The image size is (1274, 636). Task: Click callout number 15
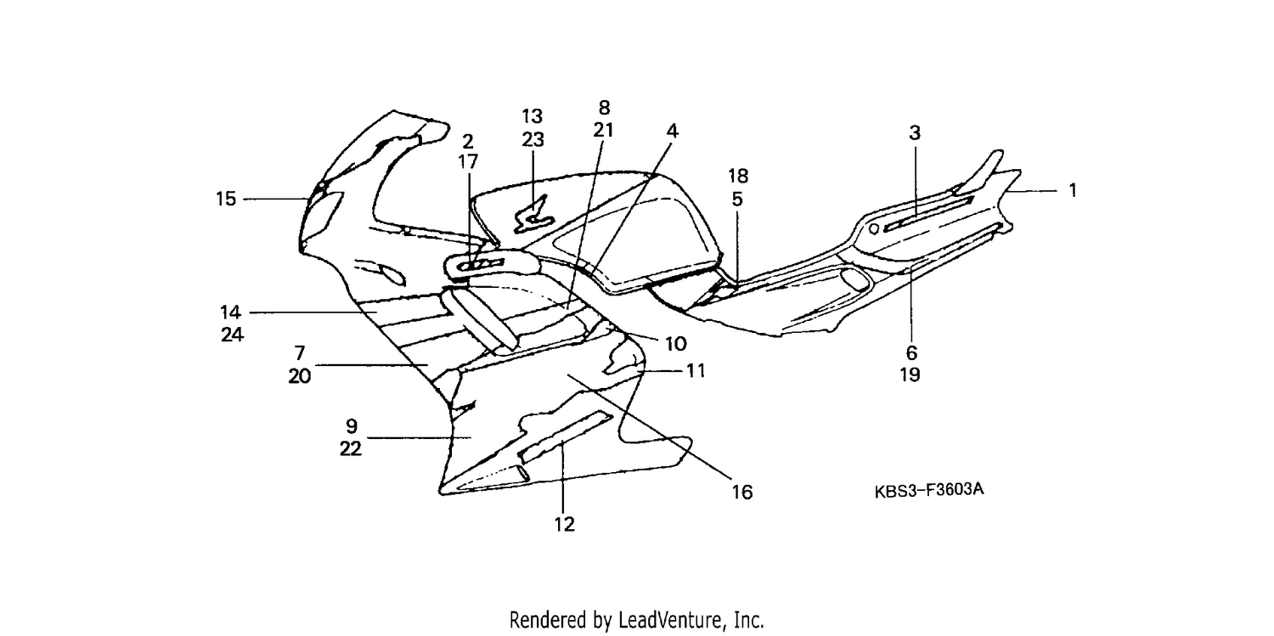[226, 199]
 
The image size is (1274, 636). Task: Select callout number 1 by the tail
[1073, 190]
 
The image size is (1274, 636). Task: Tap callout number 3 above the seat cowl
[915, 133]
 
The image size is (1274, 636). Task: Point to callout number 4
[673, 132]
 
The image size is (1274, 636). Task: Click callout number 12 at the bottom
[565, 524]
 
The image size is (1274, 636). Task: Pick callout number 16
[742, 492]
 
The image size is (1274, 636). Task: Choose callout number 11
[696, 371]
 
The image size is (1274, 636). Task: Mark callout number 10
[676, 344]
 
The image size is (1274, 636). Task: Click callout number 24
[232, 335]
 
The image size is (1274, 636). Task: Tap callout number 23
[533, 140]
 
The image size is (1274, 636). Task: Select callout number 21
[603, 130]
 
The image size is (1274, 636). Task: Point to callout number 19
[910, 375]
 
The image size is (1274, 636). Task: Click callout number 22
[351, 449]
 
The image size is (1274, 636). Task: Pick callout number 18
[738, 176]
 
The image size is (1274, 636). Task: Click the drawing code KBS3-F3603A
[929, 491]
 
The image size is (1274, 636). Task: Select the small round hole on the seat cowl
[875, 228]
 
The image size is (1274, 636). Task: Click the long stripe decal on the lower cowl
[566, 436]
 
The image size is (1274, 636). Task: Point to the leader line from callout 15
[276, 199]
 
